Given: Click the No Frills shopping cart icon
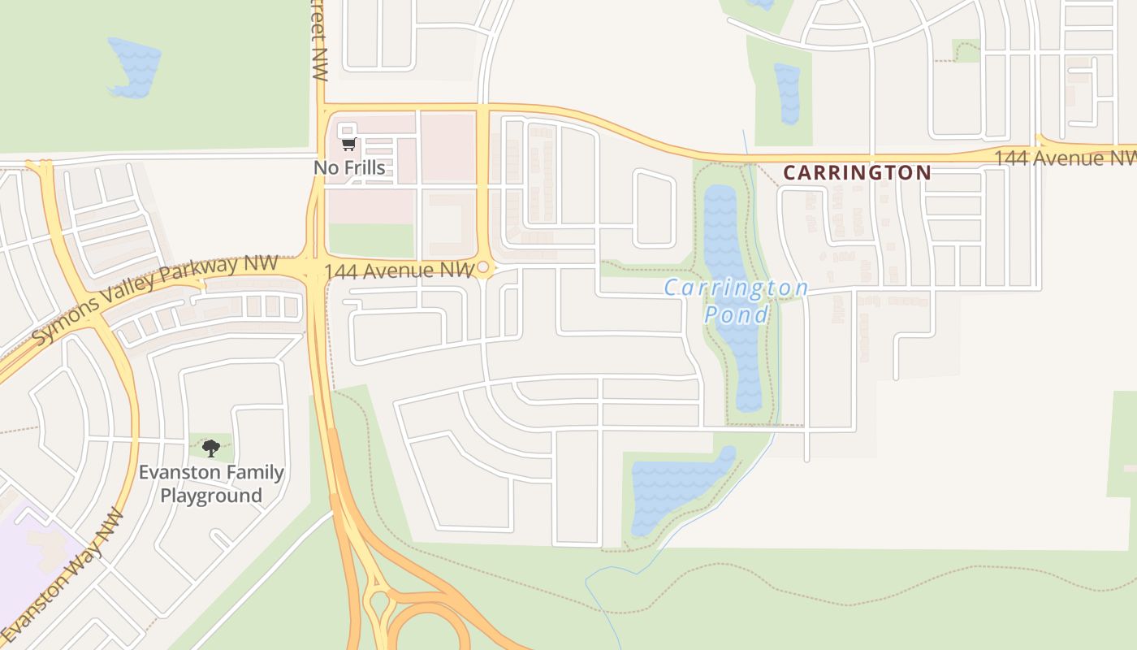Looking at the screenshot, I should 348,145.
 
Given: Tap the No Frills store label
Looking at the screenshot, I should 349,168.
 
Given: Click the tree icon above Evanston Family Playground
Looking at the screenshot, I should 211,448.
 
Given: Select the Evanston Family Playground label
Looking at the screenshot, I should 211,483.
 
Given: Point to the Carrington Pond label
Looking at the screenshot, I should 736,301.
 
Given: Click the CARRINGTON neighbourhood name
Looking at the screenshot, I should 857,172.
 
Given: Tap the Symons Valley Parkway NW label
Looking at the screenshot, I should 154,299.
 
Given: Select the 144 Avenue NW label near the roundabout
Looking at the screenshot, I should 398,271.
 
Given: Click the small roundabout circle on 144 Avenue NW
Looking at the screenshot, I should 483,267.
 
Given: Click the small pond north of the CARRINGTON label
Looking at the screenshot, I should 787,93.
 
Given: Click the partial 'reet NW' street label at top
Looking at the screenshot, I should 318,41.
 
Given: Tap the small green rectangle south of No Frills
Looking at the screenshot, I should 371,240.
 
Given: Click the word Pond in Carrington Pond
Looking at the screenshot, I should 736,314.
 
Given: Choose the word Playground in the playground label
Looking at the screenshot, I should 211,496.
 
